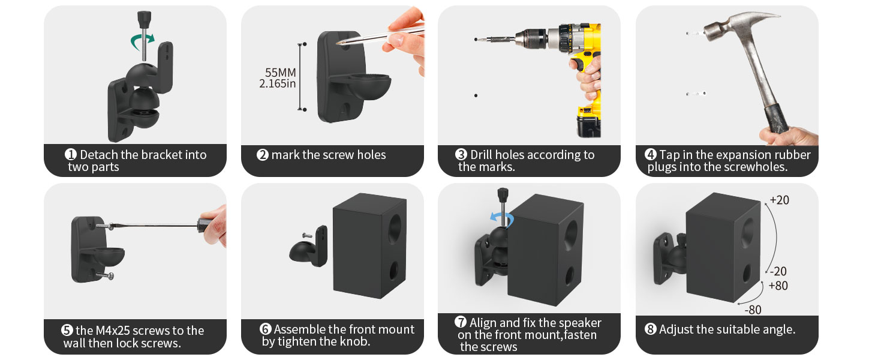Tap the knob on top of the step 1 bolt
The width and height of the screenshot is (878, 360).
144,17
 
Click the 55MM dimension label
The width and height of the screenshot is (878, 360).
280,73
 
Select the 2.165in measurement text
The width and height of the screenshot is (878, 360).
278,83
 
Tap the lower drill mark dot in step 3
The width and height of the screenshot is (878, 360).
476,95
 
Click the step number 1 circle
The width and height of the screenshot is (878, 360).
71,154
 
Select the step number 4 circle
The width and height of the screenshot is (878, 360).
650,154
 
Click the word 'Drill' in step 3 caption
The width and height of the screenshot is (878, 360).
481,155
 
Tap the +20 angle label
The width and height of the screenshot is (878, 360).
779,200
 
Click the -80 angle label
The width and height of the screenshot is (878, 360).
753,310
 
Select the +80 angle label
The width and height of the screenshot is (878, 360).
778,286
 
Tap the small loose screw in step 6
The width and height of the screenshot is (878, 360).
307,235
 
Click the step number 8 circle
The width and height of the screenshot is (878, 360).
650,329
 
